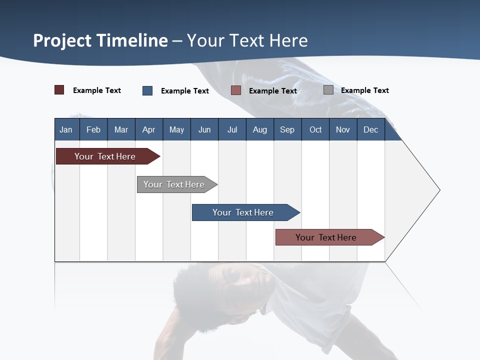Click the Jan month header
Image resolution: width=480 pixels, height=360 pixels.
tap(66, 129)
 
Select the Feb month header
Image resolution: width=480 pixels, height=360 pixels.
tap(93, 129)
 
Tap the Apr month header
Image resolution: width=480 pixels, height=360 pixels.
tap(148, 129)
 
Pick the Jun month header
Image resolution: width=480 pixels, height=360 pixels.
tap(204, 129)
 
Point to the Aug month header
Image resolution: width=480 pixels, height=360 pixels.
tap(259, 129)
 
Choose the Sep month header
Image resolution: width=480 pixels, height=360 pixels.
tap(287, 129)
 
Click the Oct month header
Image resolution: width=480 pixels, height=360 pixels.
tap(315, 129)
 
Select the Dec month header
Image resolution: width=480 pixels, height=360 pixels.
tap(370, 129)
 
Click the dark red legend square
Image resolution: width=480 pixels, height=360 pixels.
tap(59, 90)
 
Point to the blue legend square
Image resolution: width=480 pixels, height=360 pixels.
tap(147, 90)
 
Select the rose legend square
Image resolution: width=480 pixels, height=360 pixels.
tap(236, 90)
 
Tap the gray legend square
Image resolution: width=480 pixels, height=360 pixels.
tap(328, 90)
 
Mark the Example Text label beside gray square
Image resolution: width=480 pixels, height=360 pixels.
tap(364, 90)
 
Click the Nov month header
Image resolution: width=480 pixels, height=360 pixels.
tap(343, 129)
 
